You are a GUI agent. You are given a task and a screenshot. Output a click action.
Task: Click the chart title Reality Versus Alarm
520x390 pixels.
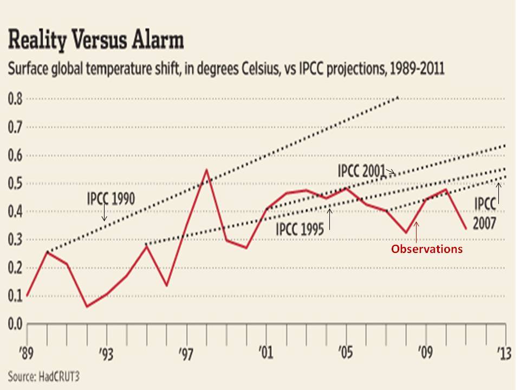coord(95,41)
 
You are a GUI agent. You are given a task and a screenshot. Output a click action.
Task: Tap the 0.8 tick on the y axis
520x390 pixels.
coord(15,99)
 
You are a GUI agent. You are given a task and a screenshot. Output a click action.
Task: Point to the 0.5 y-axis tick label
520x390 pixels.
coord(15,184)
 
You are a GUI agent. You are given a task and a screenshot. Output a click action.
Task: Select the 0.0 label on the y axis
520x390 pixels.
coord(15,323)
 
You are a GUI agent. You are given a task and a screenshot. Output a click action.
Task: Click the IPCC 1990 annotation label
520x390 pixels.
coord(110,198)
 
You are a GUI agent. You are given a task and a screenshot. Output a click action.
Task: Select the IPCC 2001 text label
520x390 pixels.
coord(361,171)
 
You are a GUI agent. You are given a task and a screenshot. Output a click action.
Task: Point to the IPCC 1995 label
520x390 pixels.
coord(300,230)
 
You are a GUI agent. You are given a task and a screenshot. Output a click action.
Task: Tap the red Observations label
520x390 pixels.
coord(427,249)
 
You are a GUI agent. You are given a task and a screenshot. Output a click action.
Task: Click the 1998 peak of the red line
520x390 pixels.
coord(206,170)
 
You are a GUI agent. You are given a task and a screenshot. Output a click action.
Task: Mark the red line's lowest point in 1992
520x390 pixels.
coord(87,307)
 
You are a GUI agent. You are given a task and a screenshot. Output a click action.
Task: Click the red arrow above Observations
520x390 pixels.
coord(416,231)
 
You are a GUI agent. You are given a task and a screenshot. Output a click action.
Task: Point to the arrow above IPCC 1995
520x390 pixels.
coord(329,219)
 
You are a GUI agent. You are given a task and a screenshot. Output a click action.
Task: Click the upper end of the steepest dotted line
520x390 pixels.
coord(398,97)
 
